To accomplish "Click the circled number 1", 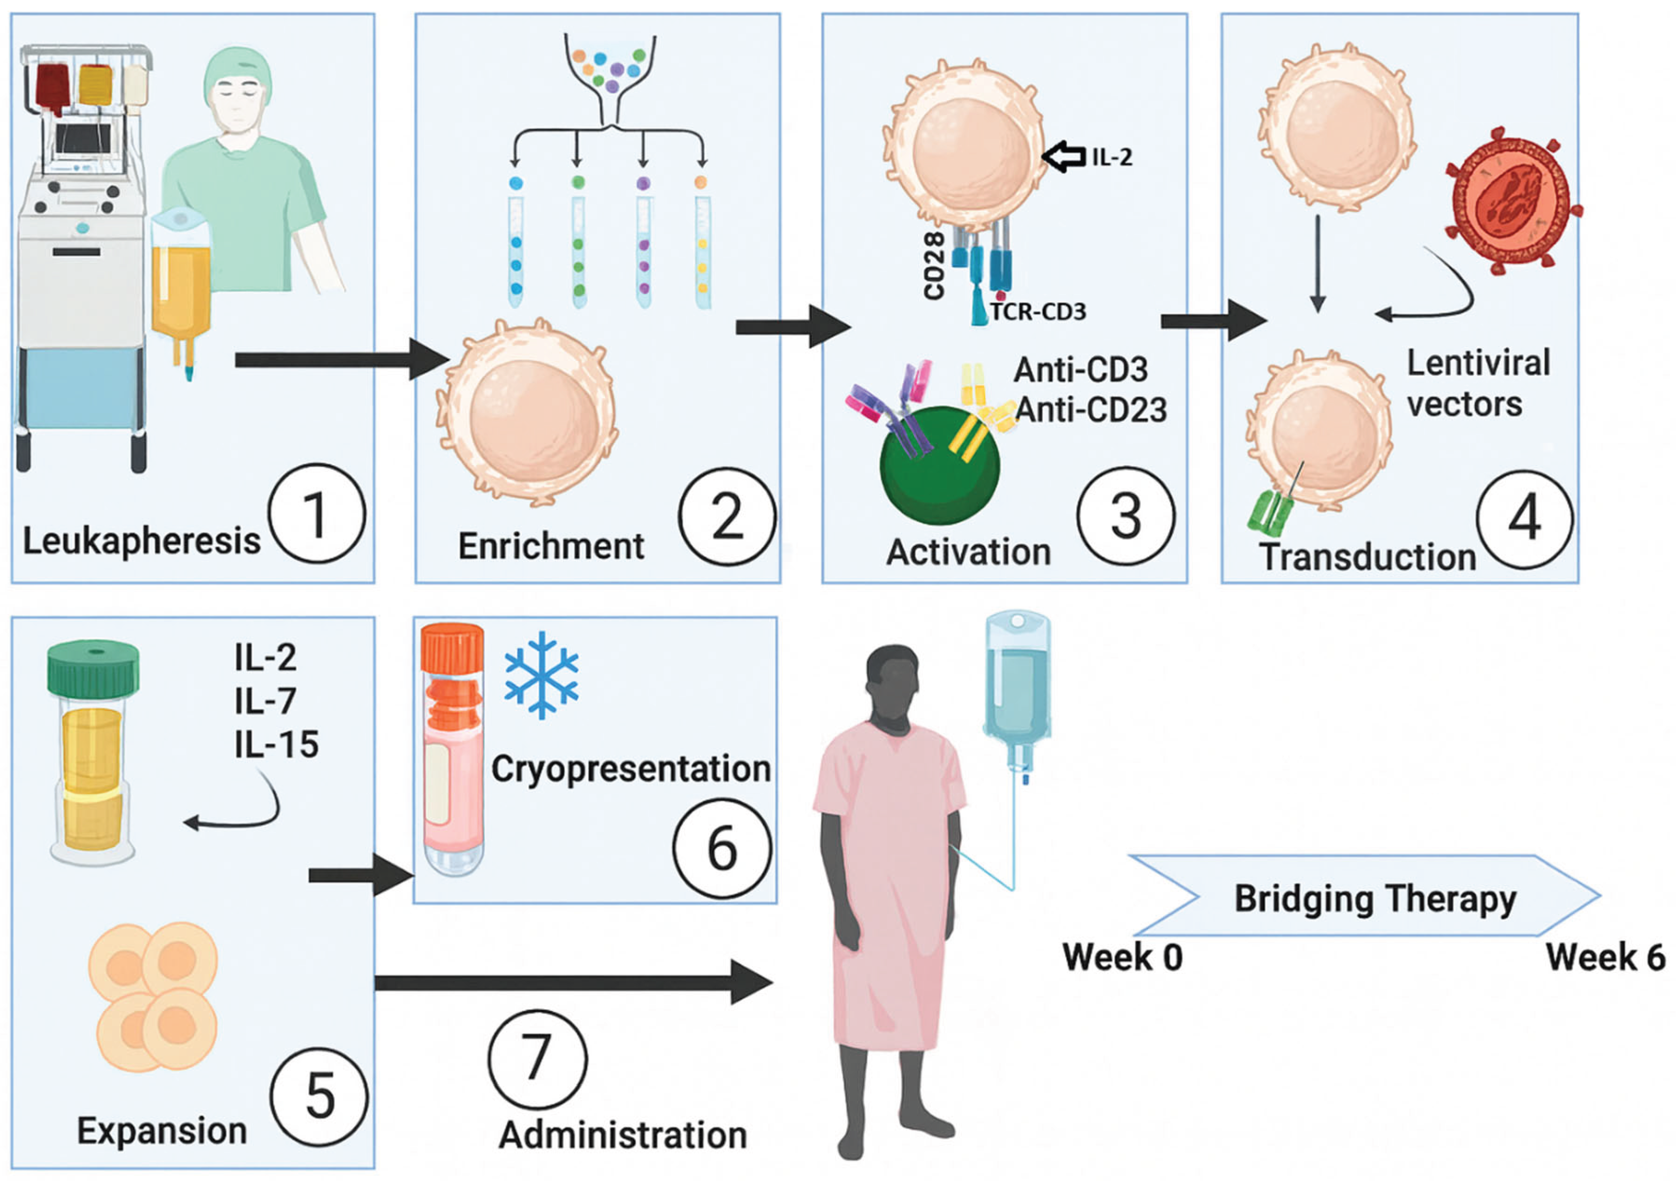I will click(x=316, y=514).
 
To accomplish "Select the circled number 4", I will click(x=1524, y=519).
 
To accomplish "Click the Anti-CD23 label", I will click(x=1091, y=410).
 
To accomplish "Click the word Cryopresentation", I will click(x=631, y=769).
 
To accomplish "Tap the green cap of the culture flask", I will click(x=93, y=669).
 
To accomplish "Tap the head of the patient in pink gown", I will click(x=892, y=679).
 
